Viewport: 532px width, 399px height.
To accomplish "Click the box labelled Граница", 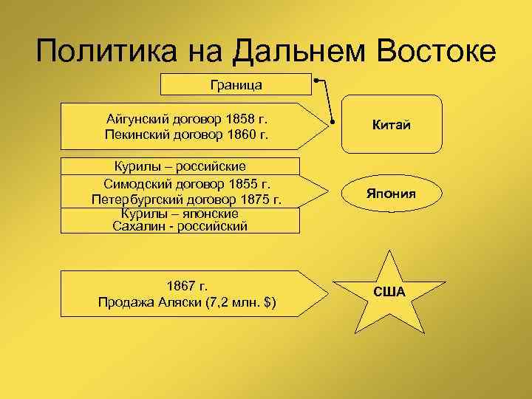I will point(236,85).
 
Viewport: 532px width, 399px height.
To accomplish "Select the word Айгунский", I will point(138,119).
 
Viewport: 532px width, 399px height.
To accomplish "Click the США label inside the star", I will point(389,291).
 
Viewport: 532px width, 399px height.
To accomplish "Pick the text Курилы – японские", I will point(179,213).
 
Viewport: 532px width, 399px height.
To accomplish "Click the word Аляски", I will point(189,302).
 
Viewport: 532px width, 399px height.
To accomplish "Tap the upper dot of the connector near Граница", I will point(316,78).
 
